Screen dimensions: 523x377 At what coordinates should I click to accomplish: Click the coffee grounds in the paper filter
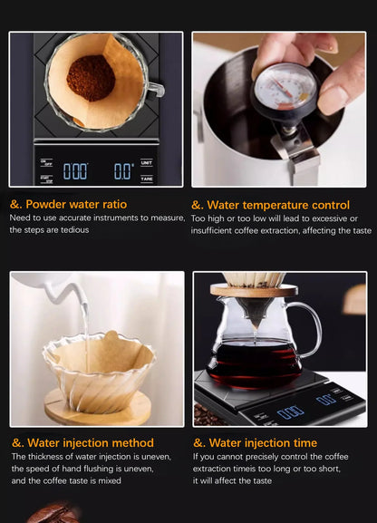pos(91,77)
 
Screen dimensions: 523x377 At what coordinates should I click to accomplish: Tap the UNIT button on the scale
pos(147,162)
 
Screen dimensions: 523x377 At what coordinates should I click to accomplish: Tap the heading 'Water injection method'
pos(82,443)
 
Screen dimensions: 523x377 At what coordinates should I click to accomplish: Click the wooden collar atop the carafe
pos(254,290)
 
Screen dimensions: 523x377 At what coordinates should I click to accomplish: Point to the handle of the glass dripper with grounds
pos(155,88)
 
